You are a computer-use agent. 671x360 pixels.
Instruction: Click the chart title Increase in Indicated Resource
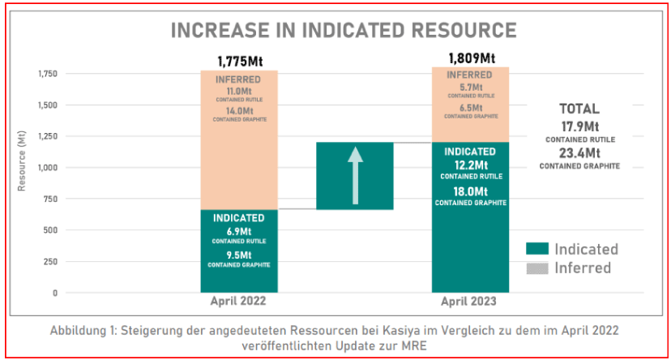click(343, 30)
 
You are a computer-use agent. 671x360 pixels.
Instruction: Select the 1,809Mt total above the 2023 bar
click(471, 58)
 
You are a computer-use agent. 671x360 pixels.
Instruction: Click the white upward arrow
click(355, 175)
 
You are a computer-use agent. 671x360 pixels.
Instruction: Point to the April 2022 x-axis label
click(239, 301)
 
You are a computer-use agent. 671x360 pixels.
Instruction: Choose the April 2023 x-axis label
click(470, 301)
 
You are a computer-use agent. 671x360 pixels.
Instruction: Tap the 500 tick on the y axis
click(49, 230)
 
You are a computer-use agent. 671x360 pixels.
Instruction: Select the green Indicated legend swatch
click(536, 249)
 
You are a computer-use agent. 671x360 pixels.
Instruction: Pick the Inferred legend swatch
click(536, 268)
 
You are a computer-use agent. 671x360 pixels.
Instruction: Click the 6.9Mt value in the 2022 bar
click(238, 231)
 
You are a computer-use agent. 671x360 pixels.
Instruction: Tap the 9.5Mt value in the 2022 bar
click(238, 254)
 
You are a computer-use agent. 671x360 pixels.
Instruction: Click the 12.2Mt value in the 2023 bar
click(470, 165)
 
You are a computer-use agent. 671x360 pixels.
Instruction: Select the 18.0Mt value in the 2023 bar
click(470, 191)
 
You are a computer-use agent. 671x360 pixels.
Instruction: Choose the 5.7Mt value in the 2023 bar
click(470, 87)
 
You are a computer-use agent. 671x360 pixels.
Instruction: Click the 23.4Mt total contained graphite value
click(579, 152)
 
